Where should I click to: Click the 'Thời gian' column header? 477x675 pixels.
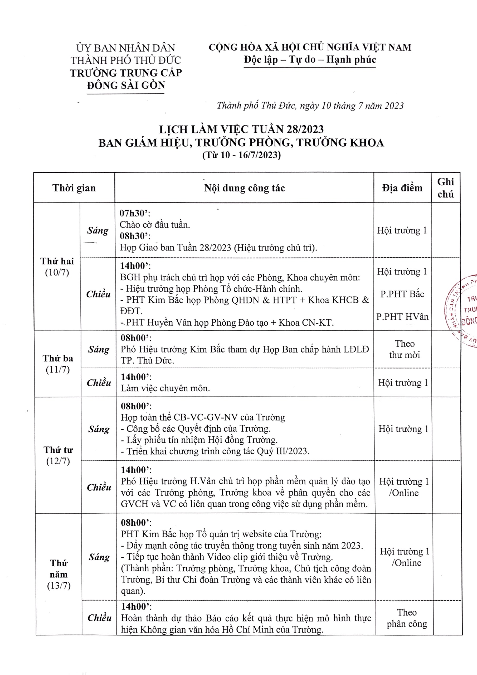[74, 188]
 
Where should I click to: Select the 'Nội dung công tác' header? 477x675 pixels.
[244, 188]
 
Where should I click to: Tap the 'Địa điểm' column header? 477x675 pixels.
[402, 188]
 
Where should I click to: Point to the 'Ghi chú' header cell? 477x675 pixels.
[445, 188]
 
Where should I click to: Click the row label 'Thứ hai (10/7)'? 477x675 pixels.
[57, 267]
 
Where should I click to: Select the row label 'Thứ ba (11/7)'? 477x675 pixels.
[58, 364]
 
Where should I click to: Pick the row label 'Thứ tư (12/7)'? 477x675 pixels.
[58, 455]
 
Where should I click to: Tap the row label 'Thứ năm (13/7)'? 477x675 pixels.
[59, 574]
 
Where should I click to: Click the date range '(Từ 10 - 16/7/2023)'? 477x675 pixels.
[241, 155]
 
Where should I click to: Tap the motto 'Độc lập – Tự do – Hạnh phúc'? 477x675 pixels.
[310, 60]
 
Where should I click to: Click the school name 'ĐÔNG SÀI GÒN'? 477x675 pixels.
[126, 85]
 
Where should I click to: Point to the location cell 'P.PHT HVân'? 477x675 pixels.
[402, 317]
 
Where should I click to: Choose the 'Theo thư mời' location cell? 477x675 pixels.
[405, 349]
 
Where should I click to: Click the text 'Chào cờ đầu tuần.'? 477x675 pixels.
[155, 225]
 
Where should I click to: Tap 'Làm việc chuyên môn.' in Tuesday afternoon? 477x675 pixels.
[166, 388]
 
